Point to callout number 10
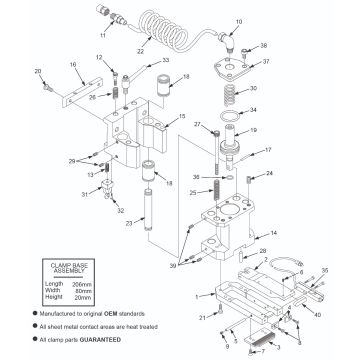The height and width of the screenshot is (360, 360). pos(239,21)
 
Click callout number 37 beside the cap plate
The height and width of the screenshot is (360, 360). pos(265,60)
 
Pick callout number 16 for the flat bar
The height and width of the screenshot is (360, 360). pos(74,64)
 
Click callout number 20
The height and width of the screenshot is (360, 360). pos(38,71)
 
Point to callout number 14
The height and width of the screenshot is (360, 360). pos(274,234)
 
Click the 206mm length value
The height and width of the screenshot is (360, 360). pos(80,283)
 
